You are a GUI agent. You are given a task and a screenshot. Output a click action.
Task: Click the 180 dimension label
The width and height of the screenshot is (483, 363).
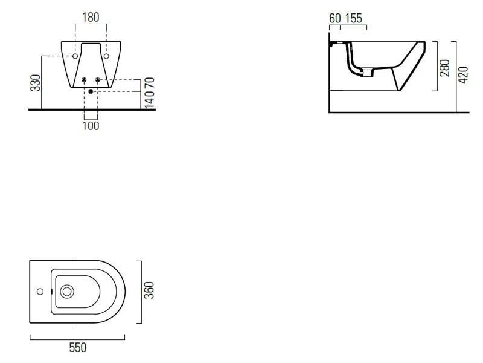tap(91, 18)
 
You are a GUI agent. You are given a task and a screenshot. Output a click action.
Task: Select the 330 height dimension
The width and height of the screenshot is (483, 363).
tap(36, 83)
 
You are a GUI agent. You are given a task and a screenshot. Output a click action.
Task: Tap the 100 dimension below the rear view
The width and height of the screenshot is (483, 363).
tap(91, 126)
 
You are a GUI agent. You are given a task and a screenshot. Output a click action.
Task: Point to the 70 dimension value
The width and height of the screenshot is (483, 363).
tap(150, 84)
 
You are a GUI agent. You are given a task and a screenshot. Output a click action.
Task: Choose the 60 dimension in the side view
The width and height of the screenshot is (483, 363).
tap(335, 18)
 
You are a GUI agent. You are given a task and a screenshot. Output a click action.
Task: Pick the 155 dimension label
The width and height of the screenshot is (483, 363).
tap(354, 18)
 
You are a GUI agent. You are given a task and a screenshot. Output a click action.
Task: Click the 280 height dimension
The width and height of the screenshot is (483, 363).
tap(445, 68)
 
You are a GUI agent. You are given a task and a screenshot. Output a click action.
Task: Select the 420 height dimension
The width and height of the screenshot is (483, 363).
tap(463, 74)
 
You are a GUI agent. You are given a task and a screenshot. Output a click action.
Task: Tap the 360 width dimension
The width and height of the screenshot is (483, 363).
tap(149, 290)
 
